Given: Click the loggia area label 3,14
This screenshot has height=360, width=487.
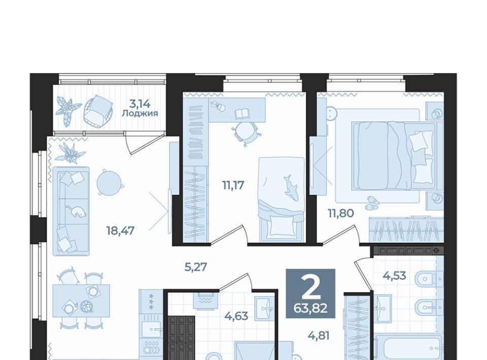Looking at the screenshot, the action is pos(140,103).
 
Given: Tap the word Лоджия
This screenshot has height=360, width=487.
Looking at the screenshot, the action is pos(140,113).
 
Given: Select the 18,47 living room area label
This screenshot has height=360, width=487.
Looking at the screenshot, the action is pos(120,231).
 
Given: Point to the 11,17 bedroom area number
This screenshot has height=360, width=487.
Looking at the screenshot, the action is pos(233,185).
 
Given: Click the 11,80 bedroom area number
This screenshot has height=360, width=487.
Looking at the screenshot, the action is pos(341,213).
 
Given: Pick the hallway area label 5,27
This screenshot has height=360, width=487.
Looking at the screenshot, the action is pos(196,267).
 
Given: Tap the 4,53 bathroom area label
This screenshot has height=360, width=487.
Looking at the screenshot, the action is pos(395,275).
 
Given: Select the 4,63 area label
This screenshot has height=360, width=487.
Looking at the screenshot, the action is pos(236,316).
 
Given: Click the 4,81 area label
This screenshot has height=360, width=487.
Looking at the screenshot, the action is pos(319,336).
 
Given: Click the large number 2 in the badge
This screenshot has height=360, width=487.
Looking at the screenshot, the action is pos(310,287).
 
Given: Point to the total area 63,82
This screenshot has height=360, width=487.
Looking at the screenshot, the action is pos(310,308).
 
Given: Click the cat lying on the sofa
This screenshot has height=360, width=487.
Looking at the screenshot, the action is pos(76,211).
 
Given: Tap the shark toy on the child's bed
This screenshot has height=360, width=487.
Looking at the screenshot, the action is pos(290,187).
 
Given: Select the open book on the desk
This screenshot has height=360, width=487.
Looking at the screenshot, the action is pos(242,114).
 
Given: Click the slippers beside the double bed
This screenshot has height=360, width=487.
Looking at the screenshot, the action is pos(372,203).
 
